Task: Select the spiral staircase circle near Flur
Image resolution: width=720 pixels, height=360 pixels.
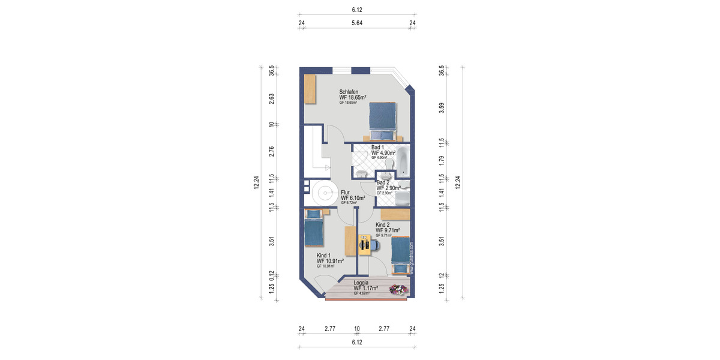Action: point(325,193)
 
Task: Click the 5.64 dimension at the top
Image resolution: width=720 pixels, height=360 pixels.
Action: point(357,23)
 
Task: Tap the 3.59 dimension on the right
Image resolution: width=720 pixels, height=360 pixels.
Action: point(442,109)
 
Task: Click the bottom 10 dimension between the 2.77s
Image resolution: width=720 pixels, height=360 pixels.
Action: point(357,329)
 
